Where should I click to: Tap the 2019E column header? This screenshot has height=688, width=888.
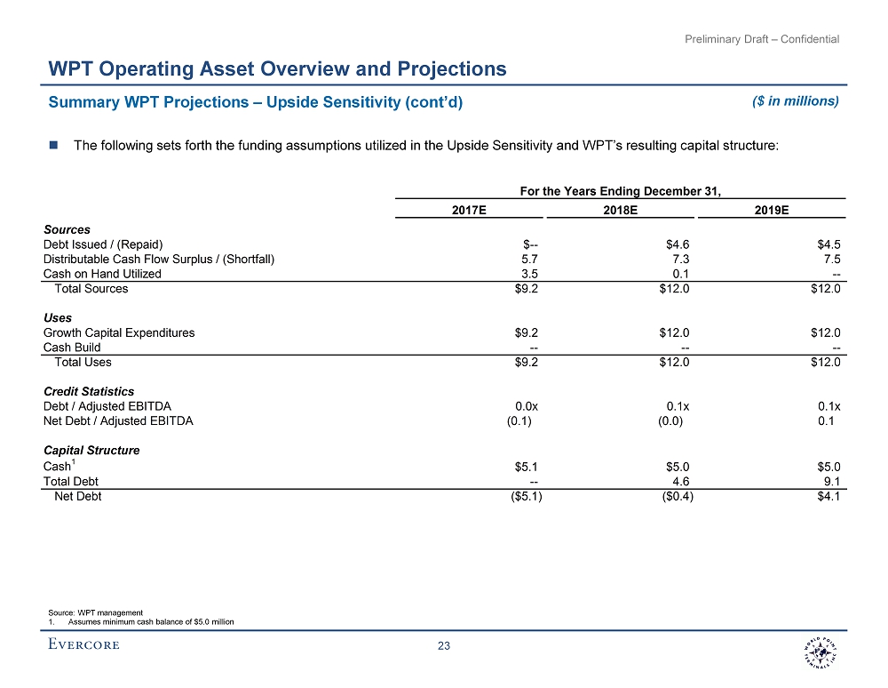click(773, 210)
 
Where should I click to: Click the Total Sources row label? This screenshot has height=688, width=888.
click(91, 289)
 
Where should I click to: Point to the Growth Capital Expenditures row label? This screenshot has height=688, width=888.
click(119, 332)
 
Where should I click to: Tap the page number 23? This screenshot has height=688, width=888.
click(444, 646)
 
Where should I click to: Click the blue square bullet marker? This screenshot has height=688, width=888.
click(53, 145)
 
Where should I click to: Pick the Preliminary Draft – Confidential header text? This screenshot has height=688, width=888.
click(762, 38)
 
